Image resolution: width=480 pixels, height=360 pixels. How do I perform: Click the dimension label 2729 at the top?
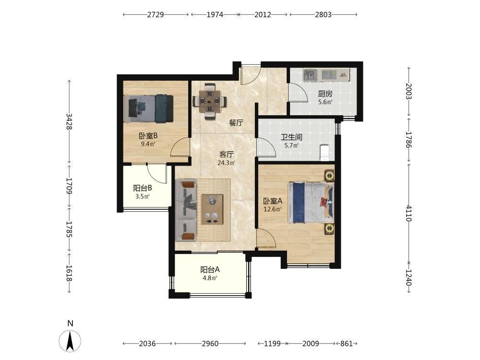point(156,14)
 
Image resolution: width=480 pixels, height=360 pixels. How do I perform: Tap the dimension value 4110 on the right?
point(409,214)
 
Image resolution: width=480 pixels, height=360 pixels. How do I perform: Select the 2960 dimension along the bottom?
point(210,344)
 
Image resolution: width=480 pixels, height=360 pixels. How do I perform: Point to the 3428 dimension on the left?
point(69,121)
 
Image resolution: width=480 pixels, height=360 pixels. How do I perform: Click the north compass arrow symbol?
point(70,341)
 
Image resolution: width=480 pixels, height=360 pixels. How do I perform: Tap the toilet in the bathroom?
point(324,153)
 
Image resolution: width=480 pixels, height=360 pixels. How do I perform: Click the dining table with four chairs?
point(210,100)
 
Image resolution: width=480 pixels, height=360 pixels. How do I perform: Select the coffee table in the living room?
point(212,210)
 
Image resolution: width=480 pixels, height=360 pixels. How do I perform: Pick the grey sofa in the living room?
point(185,210)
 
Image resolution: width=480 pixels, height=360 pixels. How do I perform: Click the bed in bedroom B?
point(149,109)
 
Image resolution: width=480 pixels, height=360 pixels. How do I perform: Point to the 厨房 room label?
point(325,94)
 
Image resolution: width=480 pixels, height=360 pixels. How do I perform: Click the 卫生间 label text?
point(291,137)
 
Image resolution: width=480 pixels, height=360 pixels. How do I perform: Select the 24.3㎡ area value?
point(226,163)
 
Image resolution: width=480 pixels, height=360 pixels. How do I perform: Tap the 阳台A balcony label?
point(210,270)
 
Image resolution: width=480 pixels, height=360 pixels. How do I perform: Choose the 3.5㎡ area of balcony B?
point(143,196)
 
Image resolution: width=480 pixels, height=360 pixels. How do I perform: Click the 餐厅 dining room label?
point(236,123)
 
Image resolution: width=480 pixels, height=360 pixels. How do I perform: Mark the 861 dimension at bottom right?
point(347,344)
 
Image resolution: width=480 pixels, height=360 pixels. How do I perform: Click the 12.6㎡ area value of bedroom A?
point(273,209)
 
